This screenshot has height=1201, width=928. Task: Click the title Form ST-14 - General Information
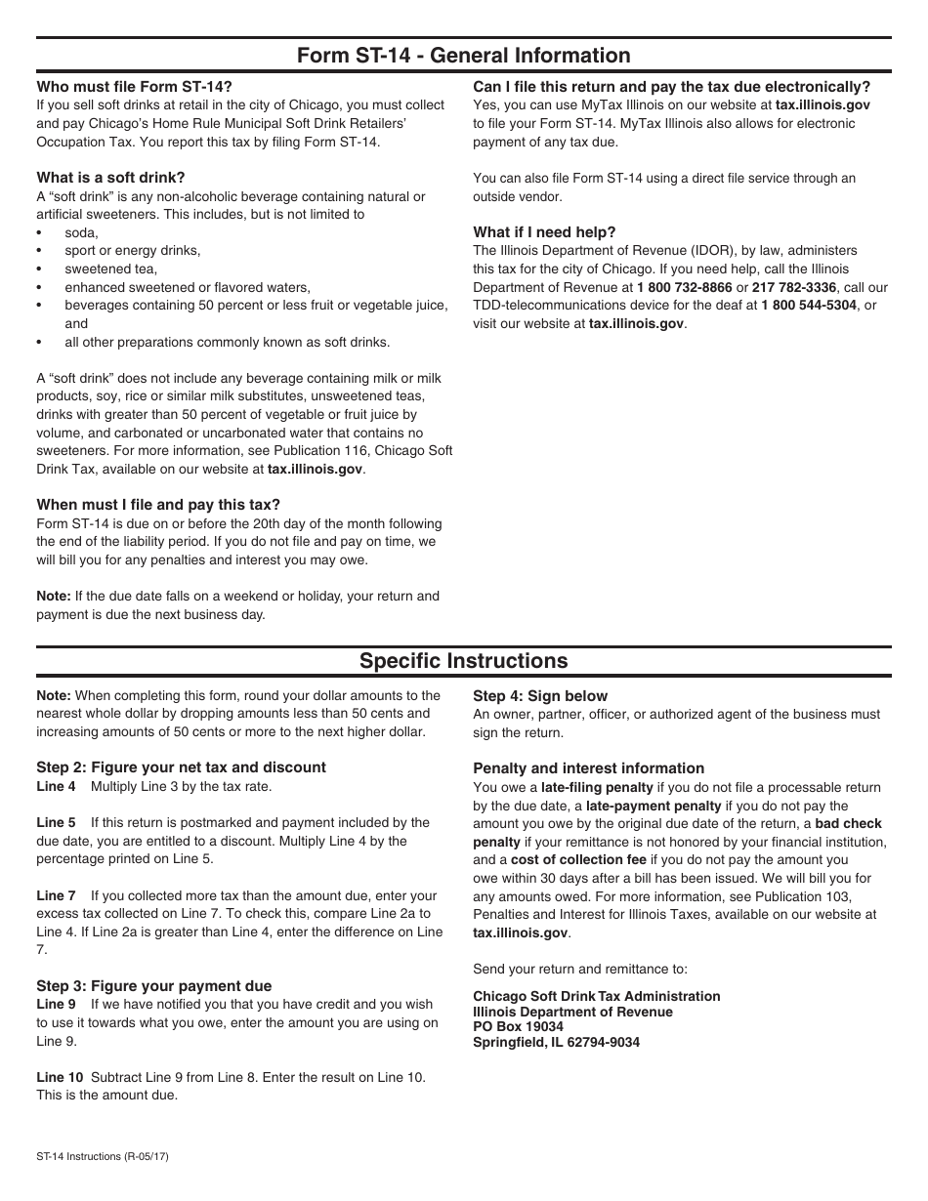[463, 56]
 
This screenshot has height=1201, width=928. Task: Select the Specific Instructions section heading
[463, 661]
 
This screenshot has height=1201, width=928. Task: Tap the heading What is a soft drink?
[110, 178]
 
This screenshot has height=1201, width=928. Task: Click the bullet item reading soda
[81, 232]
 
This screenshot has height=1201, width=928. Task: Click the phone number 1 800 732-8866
[684, 287]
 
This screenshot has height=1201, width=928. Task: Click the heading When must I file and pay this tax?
[158, 505]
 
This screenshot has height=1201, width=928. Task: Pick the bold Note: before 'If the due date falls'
[54, 596]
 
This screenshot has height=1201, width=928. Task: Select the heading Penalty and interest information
[588, 768]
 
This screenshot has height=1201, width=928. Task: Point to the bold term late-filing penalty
[597, 787]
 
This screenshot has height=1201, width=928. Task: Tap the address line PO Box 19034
[518, 1026]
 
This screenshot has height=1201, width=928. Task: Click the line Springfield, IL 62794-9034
[556, 1042]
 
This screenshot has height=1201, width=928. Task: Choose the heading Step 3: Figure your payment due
[154, 986]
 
